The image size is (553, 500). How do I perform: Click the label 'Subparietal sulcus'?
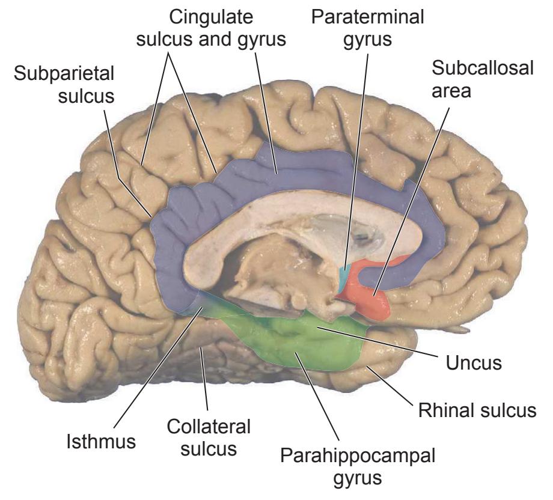[64, 85]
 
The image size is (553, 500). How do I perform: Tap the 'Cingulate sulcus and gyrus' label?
[211, 28]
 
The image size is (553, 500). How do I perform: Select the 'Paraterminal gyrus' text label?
[367, 28]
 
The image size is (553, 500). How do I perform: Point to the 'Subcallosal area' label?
[483, 79]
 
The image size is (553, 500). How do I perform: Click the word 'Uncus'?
[474, 362]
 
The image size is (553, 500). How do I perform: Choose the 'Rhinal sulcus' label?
[477, 410]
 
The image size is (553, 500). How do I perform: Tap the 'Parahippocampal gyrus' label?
[358, 466]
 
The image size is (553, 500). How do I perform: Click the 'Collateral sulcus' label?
[209, 437]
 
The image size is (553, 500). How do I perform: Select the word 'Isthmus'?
[101, 442]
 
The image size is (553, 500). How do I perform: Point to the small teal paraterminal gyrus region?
[345, 279]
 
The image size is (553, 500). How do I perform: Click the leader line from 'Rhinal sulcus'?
[390, 386]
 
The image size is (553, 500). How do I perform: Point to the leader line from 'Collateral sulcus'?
[204, 379]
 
